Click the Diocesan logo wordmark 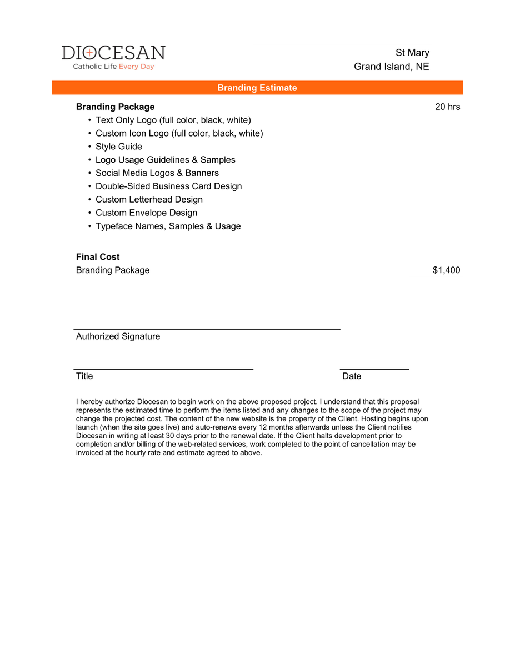point(113,53)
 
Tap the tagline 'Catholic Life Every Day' point(113,67)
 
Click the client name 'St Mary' point(412,53)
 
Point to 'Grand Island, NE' point(392,67)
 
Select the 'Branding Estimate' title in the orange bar point(257,88)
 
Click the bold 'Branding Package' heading point(115,107)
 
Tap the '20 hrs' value point(447,107)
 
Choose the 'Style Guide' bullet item point(118,147)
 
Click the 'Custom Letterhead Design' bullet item point(149,199)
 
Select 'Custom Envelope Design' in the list point(146,213)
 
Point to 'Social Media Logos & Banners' point(157,173)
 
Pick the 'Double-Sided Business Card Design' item point(168,186)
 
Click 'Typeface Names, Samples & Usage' point(168,226)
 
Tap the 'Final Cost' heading point(98,257)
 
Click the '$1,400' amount point(446,270)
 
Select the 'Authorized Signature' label point(118,336)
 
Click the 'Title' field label point(84,376)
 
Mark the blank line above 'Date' point(374,368)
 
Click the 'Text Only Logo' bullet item point(173,120)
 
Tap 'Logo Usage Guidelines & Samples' point(165,160)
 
